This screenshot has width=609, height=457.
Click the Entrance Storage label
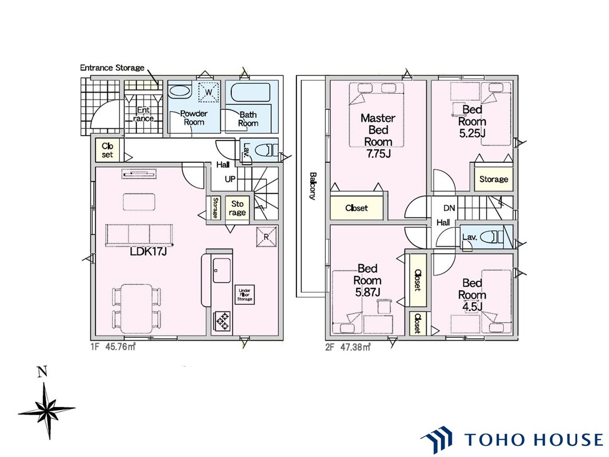pyautogui.click(x=112, y=68)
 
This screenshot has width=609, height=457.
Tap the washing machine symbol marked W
pyautogui.click(x=208, y=92)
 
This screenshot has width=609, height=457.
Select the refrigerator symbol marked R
pyautogui.click(x=266, y=237)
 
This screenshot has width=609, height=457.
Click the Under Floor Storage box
pyautogui.click(x=245, y=295)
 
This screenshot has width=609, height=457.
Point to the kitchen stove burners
pyautogui.click(x=221, y=321)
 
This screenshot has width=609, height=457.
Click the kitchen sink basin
pyautogui.click(x=221, y=270)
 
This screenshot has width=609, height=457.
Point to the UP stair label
pyautogui.click(x=230, y=179)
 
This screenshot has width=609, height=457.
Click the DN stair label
pyautogui.click(x=449, y=208)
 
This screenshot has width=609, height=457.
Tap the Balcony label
pyautogui.click(x=313, y=186)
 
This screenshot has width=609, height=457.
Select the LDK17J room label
pyautogui.click(x=148, y=251)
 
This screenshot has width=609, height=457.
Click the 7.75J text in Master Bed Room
pyautogui.click(x=378, y=153)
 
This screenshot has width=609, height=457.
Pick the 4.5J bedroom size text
pyautogui.click(x=472, y=307)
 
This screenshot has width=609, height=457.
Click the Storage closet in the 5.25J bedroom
pyautogui.click(x=493, y=179)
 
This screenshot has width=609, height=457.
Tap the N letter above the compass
pyautogui.click(x=42, y=371)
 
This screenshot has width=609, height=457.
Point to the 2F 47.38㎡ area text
pyautogui.click(x=348, y=347)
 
